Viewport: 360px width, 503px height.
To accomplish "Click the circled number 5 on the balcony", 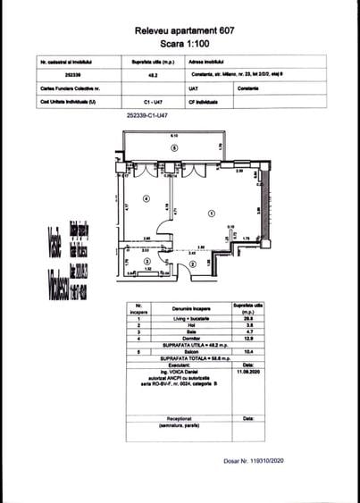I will tap(175, 147).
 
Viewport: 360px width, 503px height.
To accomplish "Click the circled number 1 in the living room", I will tap(211, 213).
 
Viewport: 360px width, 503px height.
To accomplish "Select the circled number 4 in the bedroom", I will tap(146, 198).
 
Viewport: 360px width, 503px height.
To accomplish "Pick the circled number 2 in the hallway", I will tap(193, 264).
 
